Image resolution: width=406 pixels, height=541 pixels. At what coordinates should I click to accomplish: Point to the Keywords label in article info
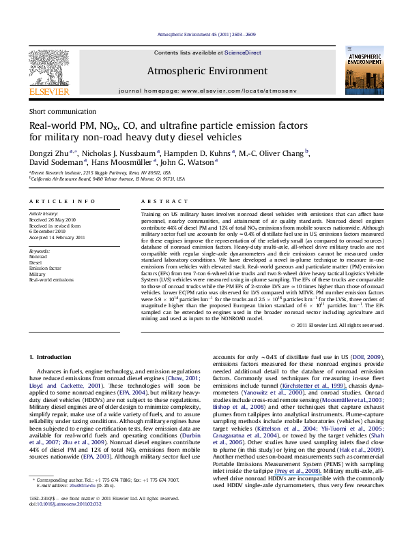[x=40, y=251]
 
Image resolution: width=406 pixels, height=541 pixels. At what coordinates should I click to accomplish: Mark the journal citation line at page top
[x=203, y=33]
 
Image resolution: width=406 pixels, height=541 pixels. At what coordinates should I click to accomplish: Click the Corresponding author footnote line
[x=102, y=518]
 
